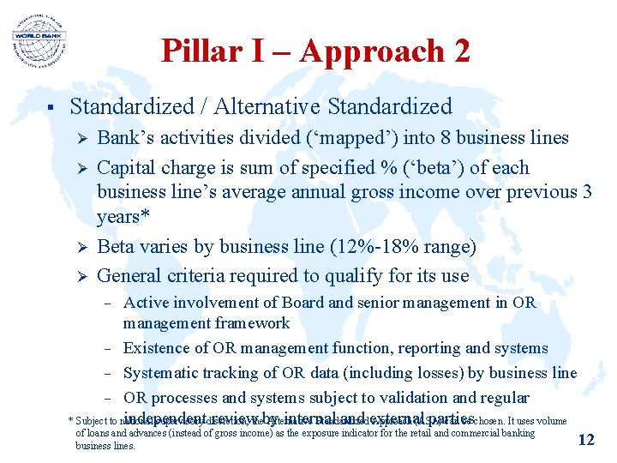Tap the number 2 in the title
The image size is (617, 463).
coord(459,51)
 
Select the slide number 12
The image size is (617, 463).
coord(586,439)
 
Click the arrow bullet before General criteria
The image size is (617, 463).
coord(79,277)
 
